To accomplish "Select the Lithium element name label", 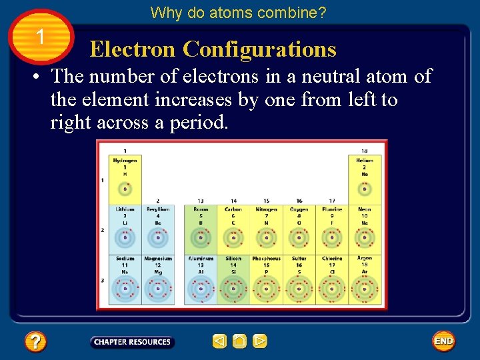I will point(125,209).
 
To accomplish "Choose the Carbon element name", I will point(233,209).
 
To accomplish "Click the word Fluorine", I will point(332,209).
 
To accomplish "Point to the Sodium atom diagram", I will point(125,289).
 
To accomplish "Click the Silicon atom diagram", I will point(233,289).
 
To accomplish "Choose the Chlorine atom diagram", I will point(332,289).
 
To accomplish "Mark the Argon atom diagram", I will point(365,289).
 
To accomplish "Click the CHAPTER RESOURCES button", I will point(132,342).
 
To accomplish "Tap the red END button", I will point(443,341).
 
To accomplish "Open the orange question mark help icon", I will point(35,342).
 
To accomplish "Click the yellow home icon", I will point(240,342).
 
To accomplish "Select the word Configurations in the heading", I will point(259,49).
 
